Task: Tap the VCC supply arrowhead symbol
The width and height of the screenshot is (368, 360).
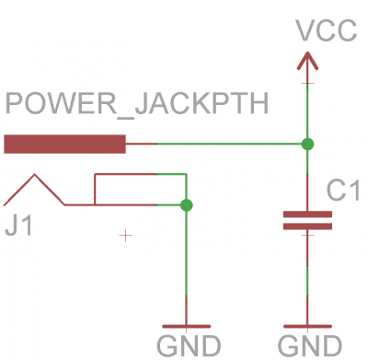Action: click(307, 61)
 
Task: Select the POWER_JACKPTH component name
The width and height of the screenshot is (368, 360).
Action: click(137, 104)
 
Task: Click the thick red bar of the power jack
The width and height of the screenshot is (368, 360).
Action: click(64, 144)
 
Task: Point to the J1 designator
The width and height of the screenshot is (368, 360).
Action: click(17, 225)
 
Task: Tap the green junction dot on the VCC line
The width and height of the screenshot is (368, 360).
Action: click(307, 144)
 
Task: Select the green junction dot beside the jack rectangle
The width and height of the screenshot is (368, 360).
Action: click(187, 204)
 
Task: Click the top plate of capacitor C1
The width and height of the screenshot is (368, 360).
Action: click(307, 214)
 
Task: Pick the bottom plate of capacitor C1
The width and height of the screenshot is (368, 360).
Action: click(307, 226)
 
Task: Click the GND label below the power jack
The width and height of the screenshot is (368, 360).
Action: click(188, 346)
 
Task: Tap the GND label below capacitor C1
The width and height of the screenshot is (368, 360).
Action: click(309, 346)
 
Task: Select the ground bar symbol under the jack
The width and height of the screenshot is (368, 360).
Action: click(187, 326)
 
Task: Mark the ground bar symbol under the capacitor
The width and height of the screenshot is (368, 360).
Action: click(307, 326)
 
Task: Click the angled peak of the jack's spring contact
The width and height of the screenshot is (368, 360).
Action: click(36, 176)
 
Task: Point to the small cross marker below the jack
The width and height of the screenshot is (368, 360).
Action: click(126, 236)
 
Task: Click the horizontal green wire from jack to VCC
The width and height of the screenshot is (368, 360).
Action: click(230, 144)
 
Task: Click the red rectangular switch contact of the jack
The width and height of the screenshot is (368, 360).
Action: click(138, 189)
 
